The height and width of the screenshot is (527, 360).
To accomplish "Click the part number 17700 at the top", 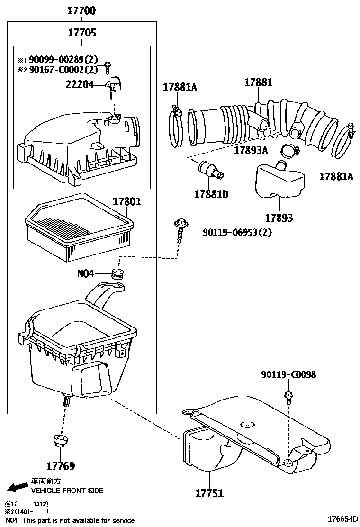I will click(82, 9).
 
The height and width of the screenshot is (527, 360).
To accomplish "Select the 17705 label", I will click(82, 33).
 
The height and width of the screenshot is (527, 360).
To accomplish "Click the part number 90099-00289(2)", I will click(63, 59).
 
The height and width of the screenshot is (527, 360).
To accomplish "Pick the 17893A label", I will click(251, 151).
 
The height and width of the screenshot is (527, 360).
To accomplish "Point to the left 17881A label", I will click(180, 87).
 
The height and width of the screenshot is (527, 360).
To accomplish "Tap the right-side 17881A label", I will click(336, 176).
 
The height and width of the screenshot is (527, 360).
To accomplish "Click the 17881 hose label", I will click(258, 82).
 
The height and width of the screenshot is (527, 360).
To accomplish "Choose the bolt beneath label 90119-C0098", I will click(288, 396).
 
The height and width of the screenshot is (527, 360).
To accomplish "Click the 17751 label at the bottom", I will click(209, 493).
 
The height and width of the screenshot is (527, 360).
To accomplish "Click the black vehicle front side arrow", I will click(18, 487).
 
